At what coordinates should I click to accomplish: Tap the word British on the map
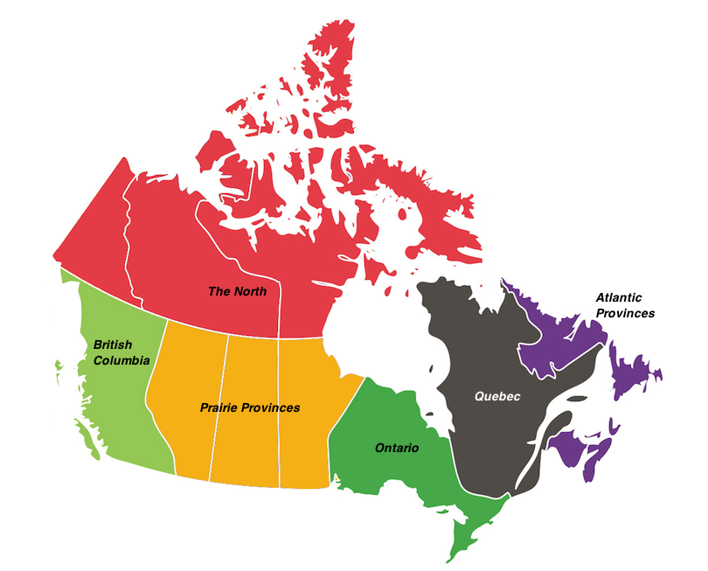112,345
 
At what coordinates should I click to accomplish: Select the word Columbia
121,359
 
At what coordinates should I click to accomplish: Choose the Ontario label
397,448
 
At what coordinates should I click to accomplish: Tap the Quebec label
497,396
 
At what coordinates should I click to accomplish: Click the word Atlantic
624,297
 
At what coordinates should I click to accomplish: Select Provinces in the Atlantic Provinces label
625,312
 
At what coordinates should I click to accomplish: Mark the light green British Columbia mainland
114,393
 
